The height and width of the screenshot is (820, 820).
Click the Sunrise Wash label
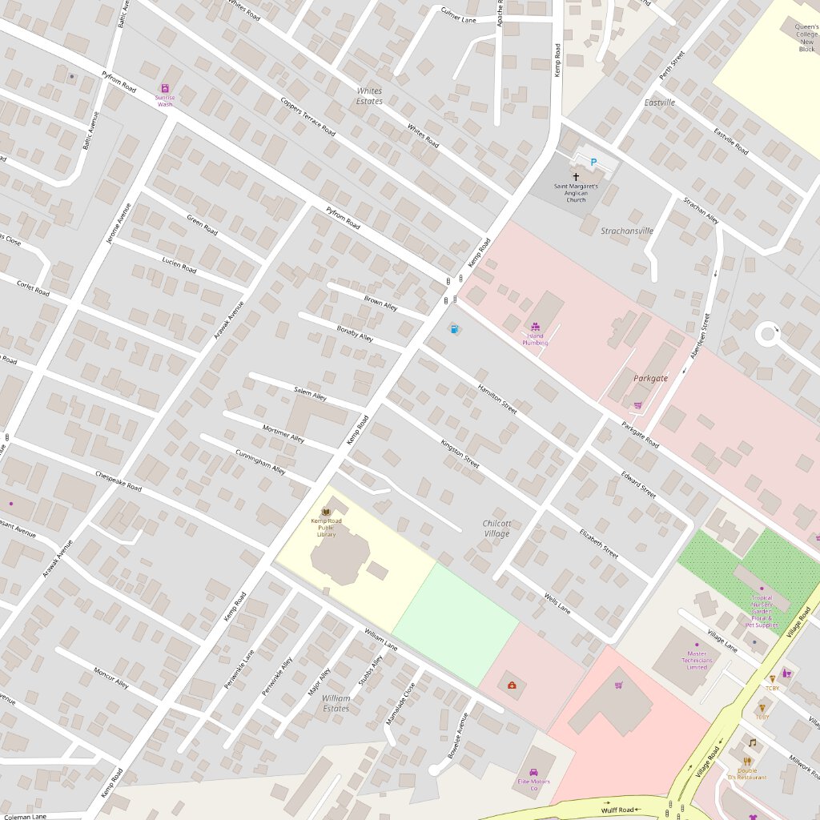point(165,101)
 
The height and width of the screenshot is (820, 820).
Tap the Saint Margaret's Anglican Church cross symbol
point(575,176)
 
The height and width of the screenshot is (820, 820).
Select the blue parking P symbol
point(593,163)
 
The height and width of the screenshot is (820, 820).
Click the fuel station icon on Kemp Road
point(454,328)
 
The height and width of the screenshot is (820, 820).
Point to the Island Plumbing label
point(535,340)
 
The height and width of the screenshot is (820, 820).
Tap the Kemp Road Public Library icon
point(326,511)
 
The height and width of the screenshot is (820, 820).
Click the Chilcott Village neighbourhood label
point(496,529)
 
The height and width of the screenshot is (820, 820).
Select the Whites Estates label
point(369,96)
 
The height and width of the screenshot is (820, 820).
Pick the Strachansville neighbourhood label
point(627,231)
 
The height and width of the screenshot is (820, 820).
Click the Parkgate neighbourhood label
point(650,378)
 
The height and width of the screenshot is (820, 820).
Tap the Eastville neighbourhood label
point(660,102)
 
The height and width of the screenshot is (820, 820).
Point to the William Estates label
point(336,703)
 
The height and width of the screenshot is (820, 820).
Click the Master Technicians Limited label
point(697,660)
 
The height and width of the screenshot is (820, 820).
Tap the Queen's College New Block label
point(806,38)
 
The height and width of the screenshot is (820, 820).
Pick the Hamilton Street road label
point(497,397)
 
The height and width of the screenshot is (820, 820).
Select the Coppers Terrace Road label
point(307,117)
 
